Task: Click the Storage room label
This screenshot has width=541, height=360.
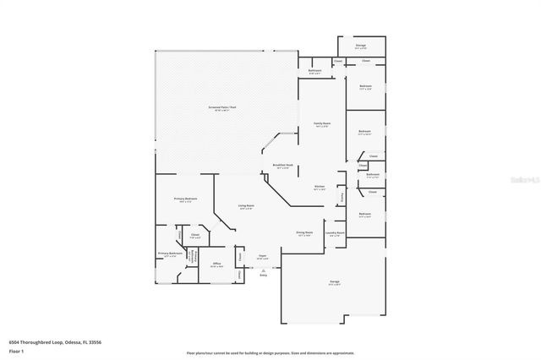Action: [360, 46]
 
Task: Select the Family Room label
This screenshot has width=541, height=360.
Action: [321, 123]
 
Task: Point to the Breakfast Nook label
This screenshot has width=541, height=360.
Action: [283, 165]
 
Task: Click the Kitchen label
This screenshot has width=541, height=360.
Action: [320, 187]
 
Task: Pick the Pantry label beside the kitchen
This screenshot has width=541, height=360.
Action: [342, 196]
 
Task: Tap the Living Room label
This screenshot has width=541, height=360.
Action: [246, 206]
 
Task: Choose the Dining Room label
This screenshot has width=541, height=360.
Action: [304, 232]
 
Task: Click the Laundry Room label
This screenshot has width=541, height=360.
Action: [335, 232]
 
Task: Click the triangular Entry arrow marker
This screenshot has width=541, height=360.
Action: [263, 270]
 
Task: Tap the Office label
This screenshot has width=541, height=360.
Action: [216, 264]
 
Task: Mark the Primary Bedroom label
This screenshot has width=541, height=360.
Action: [185, 199]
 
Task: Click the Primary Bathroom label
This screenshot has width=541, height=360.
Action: [170, 254]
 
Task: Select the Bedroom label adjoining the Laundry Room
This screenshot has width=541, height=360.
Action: [365, 214]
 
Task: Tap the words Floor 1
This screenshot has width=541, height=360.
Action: [16, 351]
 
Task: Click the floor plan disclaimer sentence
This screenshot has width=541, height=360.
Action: [270, 352]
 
